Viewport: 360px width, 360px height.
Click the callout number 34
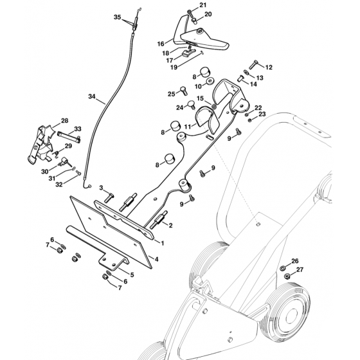[91, 98]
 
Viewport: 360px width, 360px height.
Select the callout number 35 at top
[117, 16]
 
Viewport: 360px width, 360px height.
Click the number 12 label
[269, 67]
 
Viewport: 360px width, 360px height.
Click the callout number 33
[87, 129]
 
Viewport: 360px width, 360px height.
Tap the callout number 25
[172, 94]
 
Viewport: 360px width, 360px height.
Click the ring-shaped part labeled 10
[209, 85]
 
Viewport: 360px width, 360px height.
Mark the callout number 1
[163, 244]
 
